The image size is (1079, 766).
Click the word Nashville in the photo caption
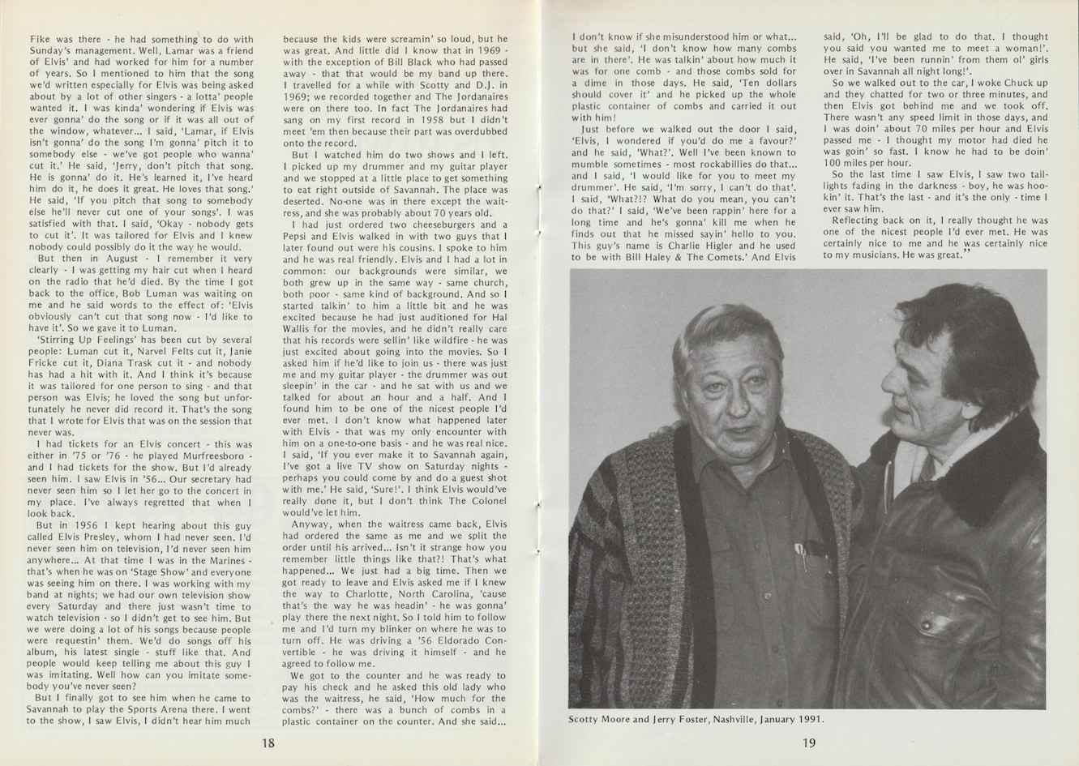(x=735, y=718)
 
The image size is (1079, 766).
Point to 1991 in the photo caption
(x=814, y=718)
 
